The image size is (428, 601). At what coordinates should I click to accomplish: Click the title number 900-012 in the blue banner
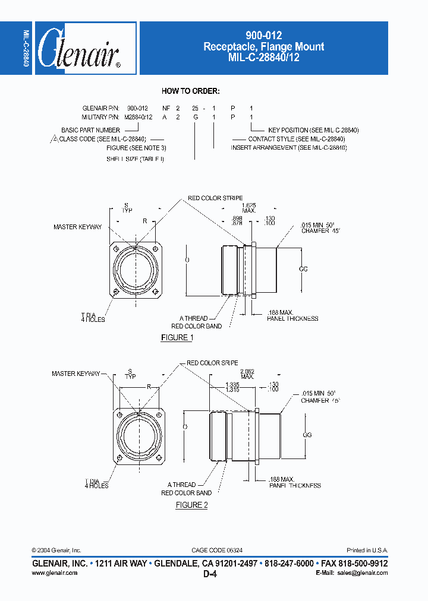coord(264,36)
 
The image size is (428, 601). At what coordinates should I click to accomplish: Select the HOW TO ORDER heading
coord(191,91)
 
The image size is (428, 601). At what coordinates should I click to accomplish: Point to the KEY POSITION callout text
coord(313,130)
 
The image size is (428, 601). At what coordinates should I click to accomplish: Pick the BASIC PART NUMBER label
coord(91,130)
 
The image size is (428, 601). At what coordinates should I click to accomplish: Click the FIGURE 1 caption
coord(177,338)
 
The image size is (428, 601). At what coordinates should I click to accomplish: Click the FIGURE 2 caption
coord(191,505)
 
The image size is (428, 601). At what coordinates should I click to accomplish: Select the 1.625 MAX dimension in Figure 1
coord(249,207)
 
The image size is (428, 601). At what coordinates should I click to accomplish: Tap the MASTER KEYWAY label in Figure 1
coord(77,227)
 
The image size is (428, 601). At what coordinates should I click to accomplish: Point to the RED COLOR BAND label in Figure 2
coord(186,493)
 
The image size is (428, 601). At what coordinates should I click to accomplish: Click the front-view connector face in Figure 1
coord(138,268)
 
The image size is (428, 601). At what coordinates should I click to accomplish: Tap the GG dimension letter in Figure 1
coord(303,269)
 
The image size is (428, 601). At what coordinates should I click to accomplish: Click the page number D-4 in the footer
coord(213,574)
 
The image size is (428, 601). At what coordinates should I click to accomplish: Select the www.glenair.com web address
coord(53,573)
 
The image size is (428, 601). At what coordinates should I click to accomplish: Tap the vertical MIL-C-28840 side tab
coord(26,48)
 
